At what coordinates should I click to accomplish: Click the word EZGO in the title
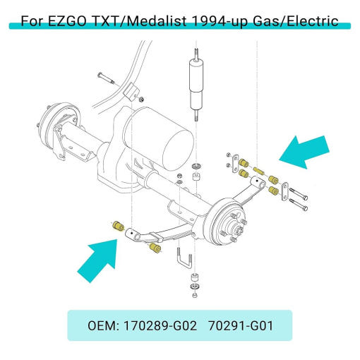pos(67,21)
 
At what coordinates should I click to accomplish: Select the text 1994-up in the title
pos(220,21)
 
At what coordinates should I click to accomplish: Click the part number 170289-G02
pos(160,326)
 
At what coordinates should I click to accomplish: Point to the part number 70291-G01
pos(241,326)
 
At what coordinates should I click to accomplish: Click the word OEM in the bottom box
pos(103,326)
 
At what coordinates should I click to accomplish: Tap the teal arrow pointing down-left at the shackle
pos(304,152)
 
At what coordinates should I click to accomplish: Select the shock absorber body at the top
pos(196,85)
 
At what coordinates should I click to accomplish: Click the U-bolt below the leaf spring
pos(184,260)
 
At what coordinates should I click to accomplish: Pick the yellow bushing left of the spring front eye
pos(118,226)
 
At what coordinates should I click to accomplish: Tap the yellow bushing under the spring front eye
pos(155,248)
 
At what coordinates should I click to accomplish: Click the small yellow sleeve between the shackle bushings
pos(258,170)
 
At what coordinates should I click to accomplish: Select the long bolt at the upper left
pos(106,78)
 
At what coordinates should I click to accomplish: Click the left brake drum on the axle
pos(59,125)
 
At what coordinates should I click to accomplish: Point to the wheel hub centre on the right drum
pos(236,227)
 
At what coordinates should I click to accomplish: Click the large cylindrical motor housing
pos(157,140)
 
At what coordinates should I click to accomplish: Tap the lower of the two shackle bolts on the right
pos(298,205)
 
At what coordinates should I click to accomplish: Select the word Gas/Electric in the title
pos(296,21)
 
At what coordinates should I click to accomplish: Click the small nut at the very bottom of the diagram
pos(195,295)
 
